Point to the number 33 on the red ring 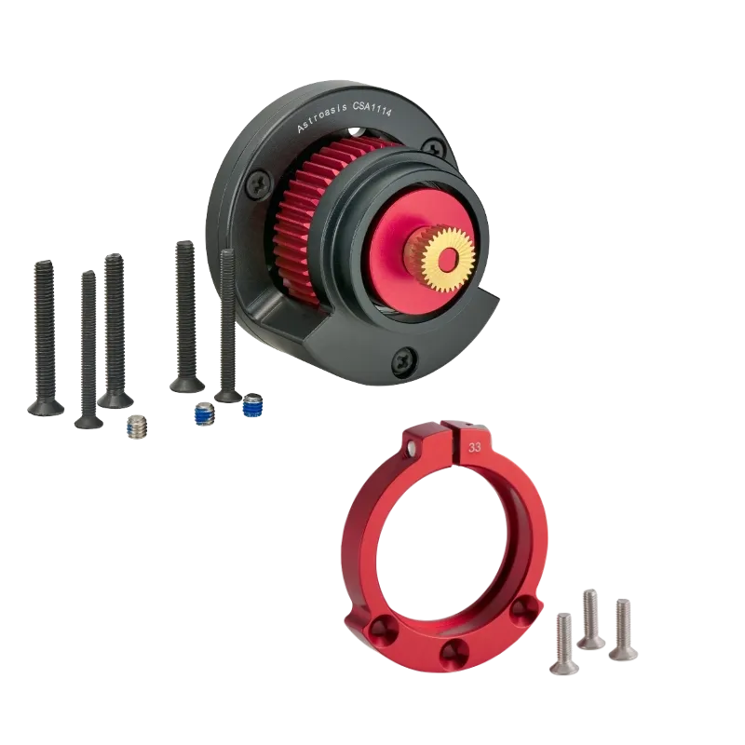click(x=476, y=447)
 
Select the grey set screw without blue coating click(x=138, y=427)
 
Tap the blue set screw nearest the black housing click(x=251, y=407)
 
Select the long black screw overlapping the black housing click(x=227, y=321)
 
